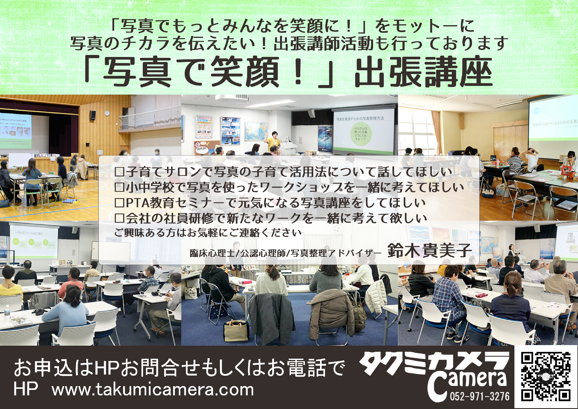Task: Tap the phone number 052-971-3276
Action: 479,396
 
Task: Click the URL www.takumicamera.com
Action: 153,390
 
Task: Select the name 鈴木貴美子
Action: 429,251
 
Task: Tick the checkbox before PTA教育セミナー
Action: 119,203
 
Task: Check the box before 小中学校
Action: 119,188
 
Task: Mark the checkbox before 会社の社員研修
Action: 119,218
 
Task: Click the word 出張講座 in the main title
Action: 423,72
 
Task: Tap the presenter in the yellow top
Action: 273,142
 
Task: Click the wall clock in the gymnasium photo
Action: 107,113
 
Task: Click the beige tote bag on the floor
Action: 236,330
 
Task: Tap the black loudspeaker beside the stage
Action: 92,115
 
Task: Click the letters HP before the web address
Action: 25,389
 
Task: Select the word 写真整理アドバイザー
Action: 336,253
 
